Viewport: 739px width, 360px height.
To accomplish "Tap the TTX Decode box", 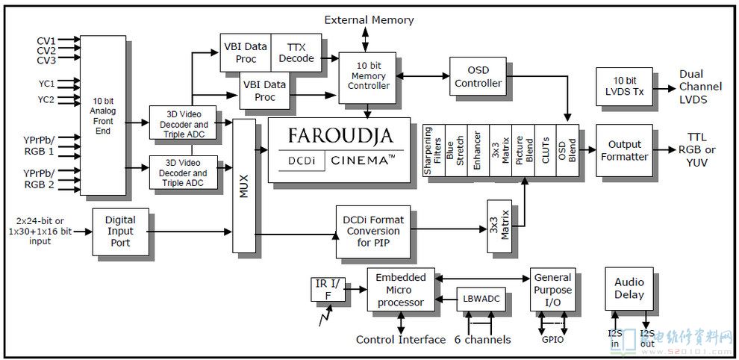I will coord(296,52).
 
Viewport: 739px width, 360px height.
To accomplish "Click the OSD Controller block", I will coord(478,77).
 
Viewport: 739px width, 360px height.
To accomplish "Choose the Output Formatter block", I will coord(624,150).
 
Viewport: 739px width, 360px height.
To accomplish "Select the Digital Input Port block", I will coord(120,231).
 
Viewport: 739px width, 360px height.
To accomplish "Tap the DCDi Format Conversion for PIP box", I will coord(372,231).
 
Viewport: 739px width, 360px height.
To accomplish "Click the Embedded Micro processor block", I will coord(400,290).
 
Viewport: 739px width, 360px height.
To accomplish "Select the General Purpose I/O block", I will coord(553,290).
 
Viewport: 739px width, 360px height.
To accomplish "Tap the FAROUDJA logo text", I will coord(339,137).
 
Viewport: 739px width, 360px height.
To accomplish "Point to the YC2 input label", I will coord(46,99).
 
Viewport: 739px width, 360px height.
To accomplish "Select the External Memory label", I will coord(369,19).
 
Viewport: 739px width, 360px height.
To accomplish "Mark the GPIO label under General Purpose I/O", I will coord(552,338).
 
